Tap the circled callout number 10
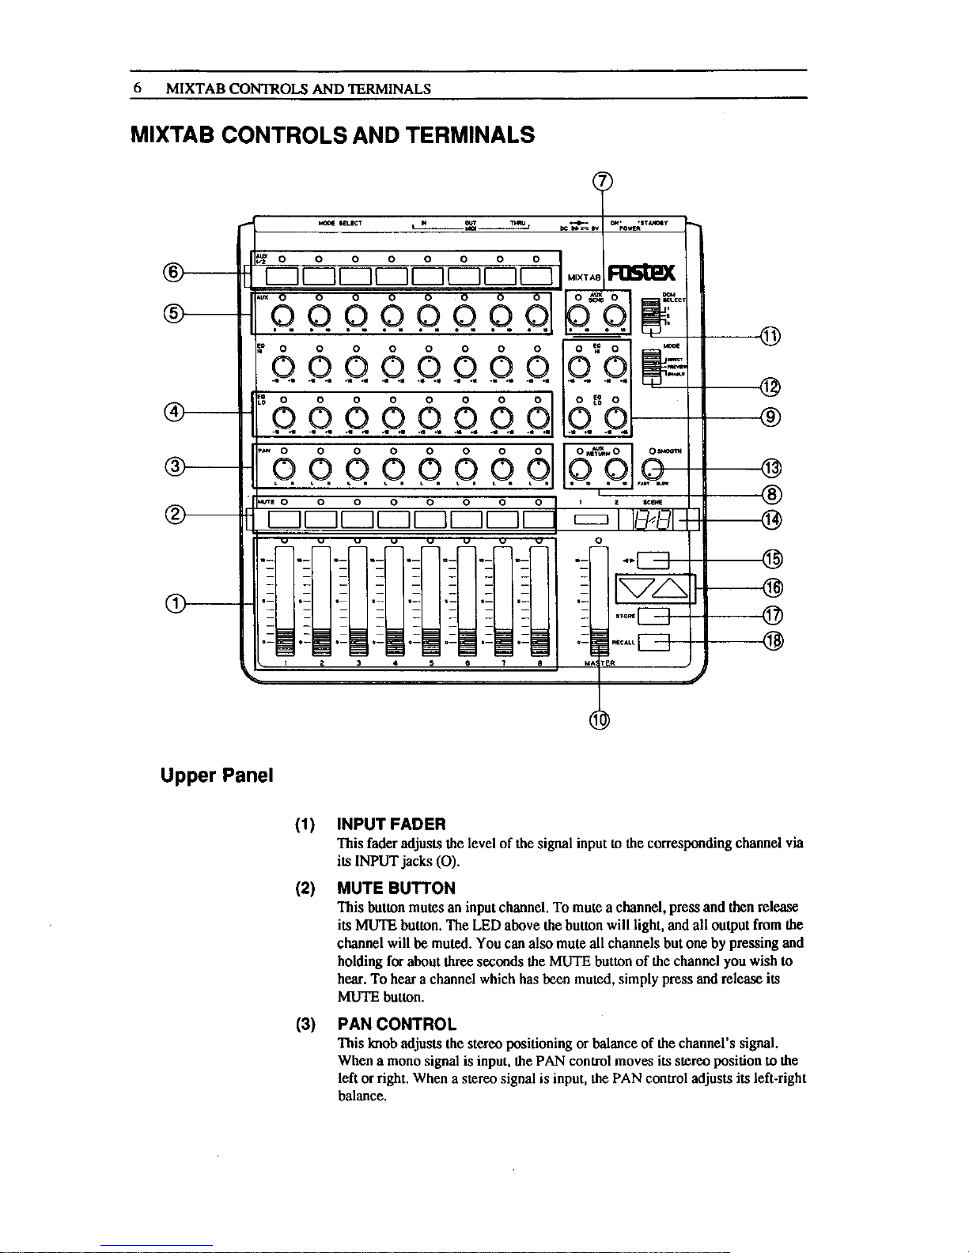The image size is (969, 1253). click(600, 719)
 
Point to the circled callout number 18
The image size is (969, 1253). click(773, 641)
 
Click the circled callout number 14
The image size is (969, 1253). click(773, 519)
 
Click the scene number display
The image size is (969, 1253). click(658, 519)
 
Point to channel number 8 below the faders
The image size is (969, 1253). click(539, 664)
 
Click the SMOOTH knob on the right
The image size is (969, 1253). click(654, 469)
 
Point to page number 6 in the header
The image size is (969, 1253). click(136, 89)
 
